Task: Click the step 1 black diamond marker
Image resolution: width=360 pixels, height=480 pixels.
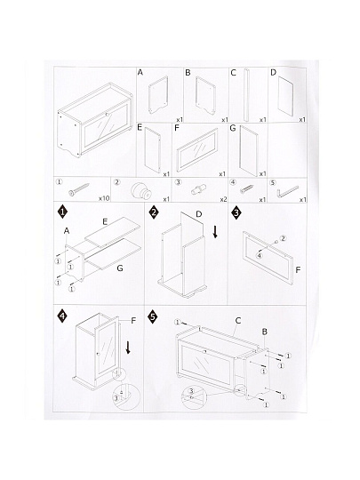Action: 62,212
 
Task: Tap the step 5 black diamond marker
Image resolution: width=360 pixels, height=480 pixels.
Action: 153,316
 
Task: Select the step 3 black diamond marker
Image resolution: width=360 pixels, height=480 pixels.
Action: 236,212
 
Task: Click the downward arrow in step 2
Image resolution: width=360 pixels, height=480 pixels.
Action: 215,232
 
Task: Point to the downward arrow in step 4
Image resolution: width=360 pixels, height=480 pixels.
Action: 128,348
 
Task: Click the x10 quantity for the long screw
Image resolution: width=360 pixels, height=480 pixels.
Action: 104,198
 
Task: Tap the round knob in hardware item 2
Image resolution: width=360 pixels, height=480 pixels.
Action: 141,192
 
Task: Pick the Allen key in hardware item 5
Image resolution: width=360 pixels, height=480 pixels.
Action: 288,192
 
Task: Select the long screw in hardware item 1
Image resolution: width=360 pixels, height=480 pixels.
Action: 79,189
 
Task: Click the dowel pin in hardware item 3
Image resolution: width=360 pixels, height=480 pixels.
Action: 199,189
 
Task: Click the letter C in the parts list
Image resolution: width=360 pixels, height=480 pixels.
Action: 233,73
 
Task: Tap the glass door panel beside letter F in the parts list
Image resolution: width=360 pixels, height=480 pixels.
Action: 197,149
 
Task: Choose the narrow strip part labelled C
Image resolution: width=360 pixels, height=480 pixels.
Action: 246,95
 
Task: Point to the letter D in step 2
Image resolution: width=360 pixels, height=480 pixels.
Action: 199,214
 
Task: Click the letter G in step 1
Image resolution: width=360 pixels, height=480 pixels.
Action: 120,268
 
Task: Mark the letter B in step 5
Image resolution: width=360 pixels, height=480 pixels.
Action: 265,332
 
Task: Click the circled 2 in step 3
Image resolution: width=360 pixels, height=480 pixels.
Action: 283,238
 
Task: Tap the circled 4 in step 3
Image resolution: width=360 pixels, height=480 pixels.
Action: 260,255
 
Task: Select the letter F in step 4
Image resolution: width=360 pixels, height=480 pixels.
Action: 133,321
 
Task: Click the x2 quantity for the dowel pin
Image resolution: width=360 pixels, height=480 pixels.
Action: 223,200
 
